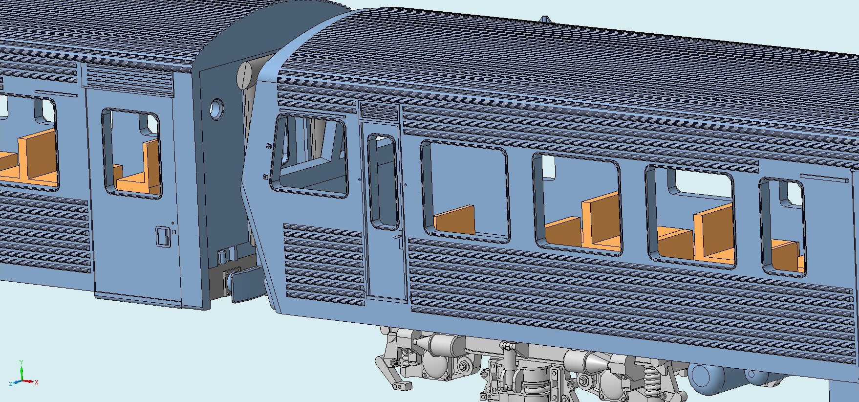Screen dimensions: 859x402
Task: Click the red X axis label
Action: pos(37,382)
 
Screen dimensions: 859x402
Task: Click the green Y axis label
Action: pos(21,362)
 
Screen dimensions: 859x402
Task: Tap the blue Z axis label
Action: pos(11,384)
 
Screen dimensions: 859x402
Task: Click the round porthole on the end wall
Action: pos(216,108)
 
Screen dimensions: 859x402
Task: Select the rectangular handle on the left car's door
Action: pos(162,237)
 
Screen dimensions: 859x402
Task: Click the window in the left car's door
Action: pos(131,154)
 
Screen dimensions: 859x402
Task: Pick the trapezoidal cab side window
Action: pos(309,156)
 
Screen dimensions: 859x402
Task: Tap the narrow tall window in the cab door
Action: pos(384,181)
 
